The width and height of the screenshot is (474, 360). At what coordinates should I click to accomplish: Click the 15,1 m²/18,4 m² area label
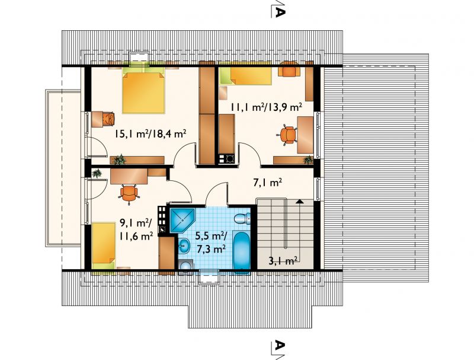[x=150, y=133]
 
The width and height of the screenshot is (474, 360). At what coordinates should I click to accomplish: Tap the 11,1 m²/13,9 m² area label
[x=267, y=107]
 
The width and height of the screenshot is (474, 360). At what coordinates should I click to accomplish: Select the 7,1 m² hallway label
[x=267, y=183]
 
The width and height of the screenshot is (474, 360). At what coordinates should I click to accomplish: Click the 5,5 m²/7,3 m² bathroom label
[x=212, y=242]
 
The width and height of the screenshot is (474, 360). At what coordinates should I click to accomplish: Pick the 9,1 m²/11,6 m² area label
[x=136, y=230]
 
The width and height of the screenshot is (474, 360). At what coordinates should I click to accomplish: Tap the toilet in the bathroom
[x=243, y=218]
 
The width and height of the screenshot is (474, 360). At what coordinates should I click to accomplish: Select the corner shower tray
[x=182, y=220]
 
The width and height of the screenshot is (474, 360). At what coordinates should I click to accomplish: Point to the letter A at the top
[x=280, y=12]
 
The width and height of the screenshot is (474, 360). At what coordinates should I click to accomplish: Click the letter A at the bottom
[x=280, y=345]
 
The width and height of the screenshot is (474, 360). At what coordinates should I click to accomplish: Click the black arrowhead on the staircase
[x=300, y=201]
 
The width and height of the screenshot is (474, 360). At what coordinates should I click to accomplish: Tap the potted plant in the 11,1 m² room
[x=308, y=160]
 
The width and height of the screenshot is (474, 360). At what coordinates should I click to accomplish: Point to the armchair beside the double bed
[x=108, y=118]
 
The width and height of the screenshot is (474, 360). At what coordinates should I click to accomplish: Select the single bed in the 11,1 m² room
[x=245, y=75]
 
